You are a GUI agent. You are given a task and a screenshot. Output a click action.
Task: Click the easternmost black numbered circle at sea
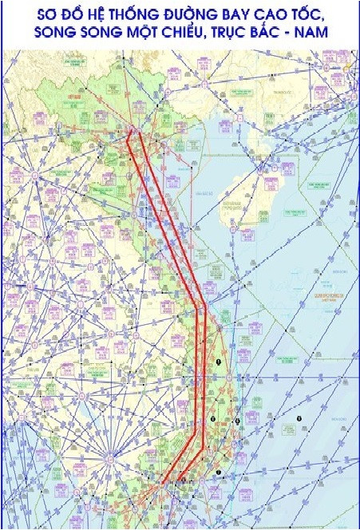click(299, 418)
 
